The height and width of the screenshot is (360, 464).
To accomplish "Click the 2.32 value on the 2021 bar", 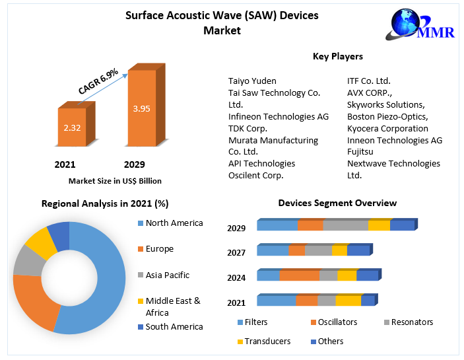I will (72, 127).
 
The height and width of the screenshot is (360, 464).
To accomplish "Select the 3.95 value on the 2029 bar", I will (141, 108).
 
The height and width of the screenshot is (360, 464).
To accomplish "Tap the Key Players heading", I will (337, 57).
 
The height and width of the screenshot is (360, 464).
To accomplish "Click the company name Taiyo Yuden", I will (252, 81).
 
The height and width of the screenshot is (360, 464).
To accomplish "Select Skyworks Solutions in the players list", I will (385, 105).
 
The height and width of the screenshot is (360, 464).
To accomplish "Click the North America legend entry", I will (174, 223).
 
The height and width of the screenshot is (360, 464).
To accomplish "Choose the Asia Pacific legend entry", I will (167, 275).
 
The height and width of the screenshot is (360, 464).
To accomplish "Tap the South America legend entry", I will (174, 327).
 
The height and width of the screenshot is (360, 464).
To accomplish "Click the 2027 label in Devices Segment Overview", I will (236, 253).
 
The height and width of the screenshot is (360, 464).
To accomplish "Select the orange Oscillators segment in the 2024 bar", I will (298, 275).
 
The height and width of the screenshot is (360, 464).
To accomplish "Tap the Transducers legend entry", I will (267, 342).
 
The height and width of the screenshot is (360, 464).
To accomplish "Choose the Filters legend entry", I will (255, 322).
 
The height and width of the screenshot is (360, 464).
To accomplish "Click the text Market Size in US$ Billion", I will (115, 181).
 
